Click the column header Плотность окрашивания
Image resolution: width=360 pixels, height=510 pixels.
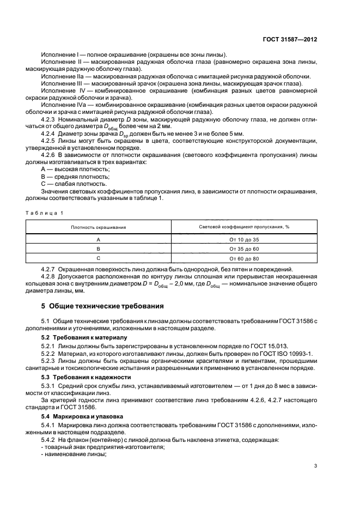[99, 227]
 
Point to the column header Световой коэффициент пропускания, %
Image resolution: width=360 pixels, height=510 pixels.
[243, 227]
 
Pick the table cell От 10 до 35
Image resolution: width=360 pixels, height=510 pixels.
[243, 240]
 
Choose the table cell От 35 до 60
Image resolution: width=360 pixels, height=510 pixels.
[243, 249]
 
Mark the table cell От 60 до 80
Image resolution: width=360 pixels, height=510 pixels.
[243, 258]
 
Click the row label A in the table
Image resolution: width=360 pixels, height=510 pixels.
[99, 240]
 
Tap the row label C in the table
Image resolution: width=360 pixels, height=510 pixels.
[99, 258]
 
